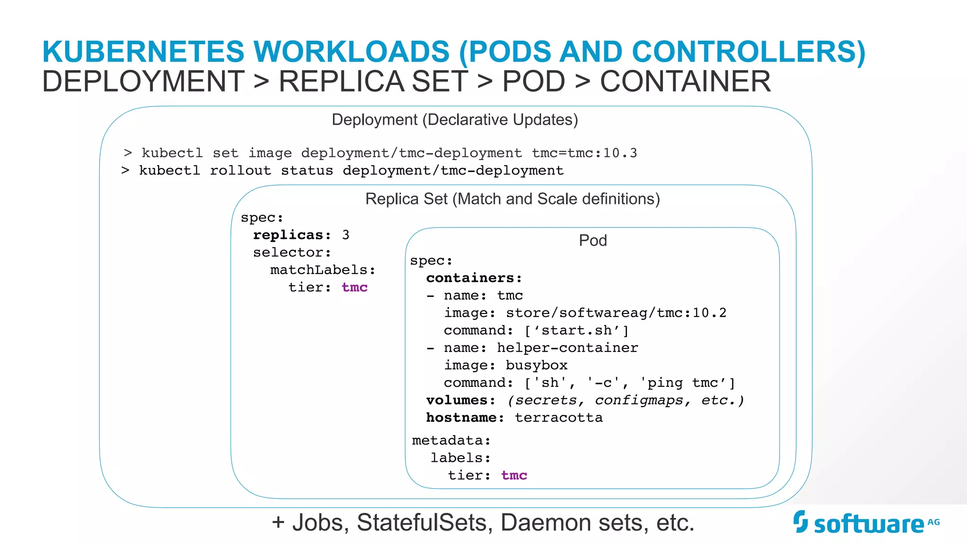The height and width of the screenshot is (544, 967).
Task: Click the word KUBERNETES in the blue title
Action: click(x=143, y=51)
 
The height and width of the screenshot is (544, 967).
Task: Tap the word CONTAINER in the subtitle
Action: click(x=685, y=81)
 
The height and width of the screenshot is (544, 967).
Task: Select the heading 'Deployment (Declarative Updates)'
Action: click(x=455, y=120)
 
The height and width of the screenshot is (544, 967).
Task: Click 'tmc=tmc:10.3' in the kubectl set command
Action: click(x=584, y=153)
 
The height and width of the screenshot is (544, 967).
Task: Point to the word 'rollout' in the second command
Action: click(x=240, y=170)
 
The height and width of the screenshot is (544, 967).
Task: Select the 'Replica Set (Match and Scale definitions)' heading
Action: click(x=512, y=199)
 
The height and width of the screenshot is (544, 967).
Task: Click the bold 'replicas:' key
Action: click(x=292, y=235)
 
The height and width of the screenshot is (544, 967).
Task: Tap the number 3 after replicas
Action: click(x=346, y=235)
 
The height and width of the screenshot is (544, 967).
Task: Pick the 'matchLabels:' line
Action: click(x=322, y=270)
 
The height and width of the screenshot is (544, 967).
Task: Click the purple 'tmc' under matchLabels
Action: click(x=354, y=288)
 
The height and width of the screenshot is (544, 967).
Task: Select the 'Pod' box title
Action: click(x=593, y=240)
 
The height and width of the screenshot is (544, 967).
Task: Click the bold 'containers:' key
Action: click(x=474, y=278)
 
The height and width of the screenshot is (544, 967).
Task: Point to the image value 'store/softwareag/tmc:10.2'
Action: click(x=616, y=313)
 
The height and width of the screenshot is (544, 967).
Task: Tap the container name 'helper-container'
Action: click(x=567, y=348)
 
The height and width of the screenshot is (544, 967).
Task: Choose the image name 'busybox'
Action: click(x=536, y=365)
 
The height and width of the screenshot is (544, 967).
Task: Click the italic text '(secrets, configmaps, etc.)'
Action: click(x=626, y=400)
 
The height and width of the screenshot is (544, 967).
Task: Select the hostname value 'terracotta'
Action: click(x=558, y=418)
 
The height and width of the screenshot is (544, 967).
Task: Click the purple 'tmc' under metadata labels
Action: click(x=514, y=476)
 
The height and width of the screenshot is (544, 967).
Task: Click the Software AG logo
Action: click(x=866, y=522)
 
